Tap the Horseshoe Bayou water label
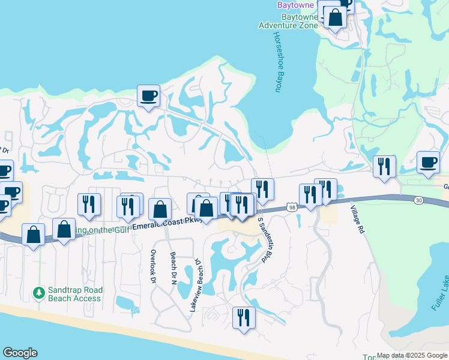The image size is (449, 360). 278,62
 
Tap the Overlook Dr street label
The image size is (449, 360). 154,267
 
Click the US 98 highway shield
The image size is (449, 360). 292,208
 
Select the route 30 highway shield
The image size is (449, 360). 418,200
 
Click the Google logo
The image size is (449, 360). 20,353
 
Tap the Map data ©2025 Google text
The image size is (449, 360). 412,355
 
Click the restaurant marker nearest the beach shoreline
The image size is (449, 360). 244,317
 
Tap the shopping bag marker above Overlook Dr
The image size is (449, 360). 160,209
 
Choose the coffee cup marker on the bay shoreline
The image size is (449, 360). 148,95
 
